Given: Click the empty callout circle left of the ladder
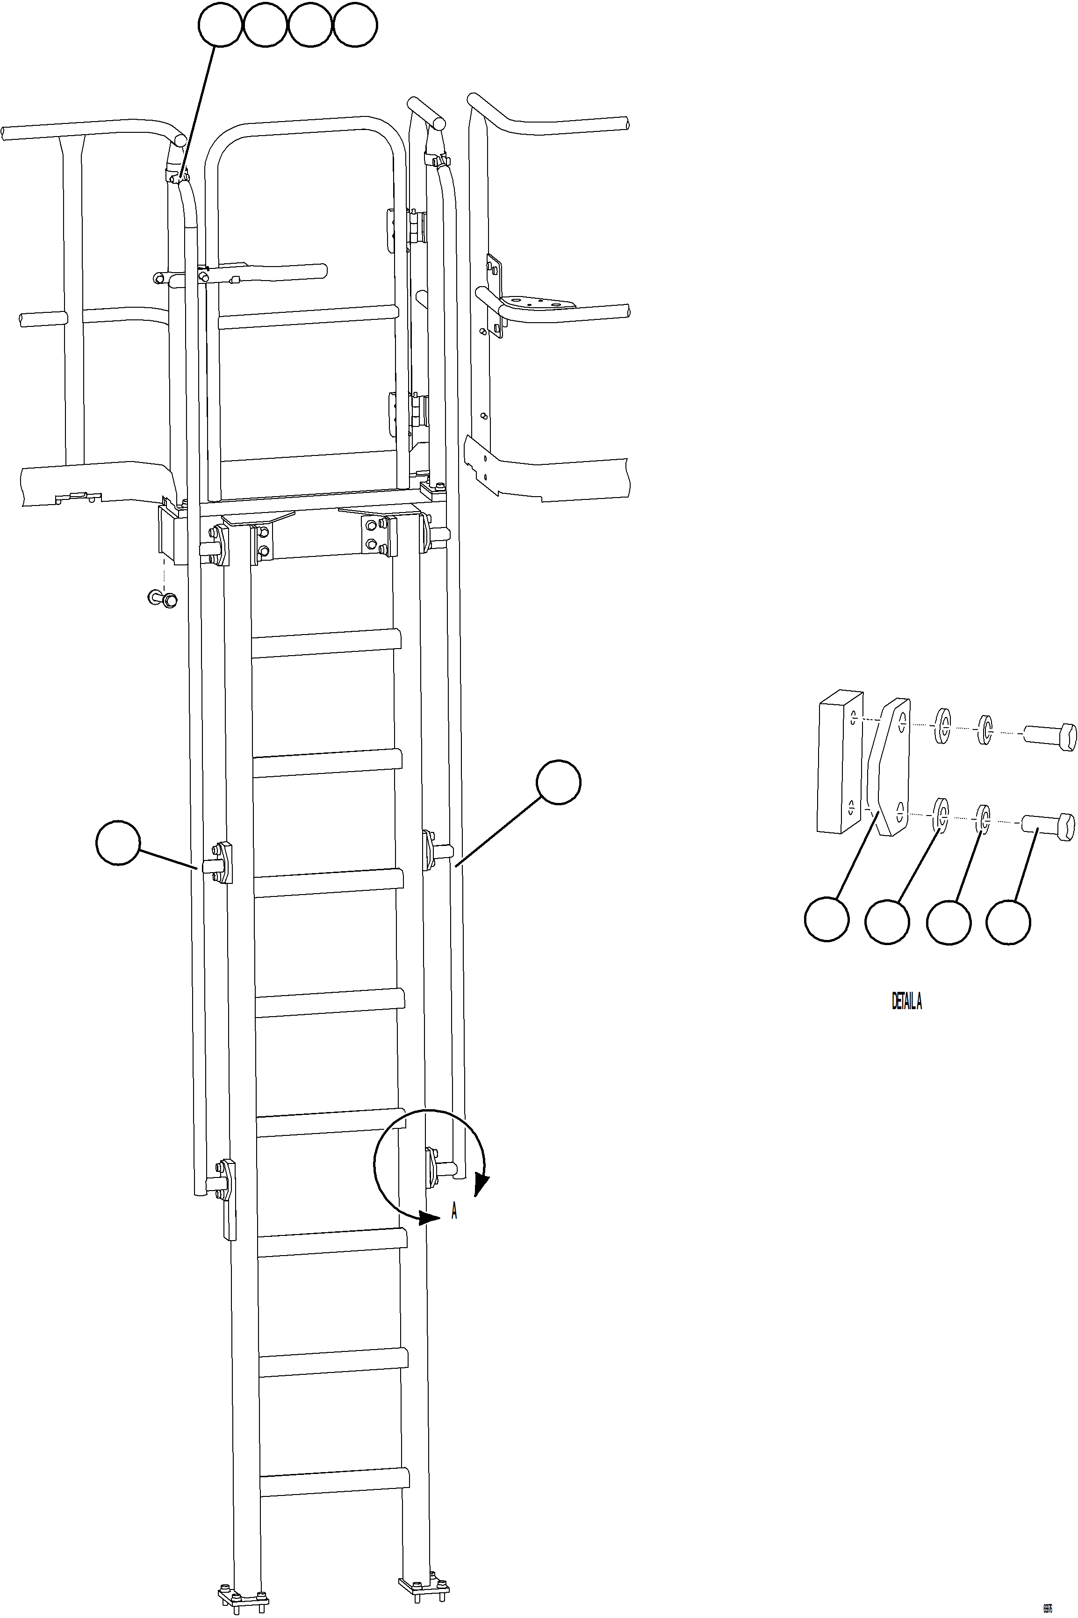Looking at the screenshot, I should coord(118,842).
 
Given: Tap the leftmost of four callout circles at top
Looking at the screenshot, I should coord(220,25).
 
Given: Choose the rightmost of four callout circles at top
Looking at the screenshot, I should coord(355,25).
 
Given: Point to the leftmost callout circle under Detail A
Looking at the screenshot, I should coord(826,919).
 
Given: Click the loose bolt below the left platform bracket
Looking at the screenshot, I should coord(162,598).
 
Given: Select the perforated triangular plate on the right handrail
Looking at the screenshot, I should coord(536,302).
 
